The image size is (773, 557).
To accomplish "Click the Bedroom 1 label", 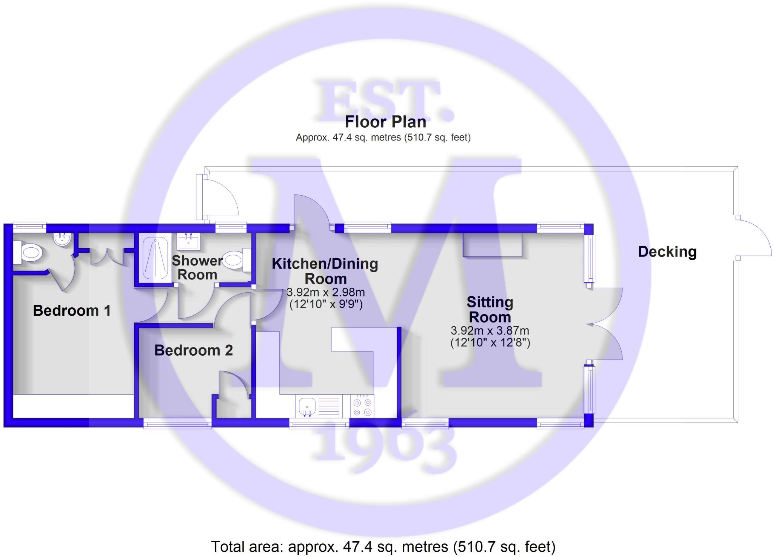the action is (x=72, y=310).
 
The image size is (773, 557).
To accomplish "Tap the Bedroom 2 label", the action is (x=193, y=350).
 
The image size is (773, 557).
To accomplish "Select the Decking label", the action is (x=667, y=252).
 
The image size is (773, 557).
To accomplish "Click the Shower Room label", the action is (x=197, y=267).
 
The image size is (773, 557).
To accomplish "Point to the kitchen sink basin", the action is (x=307, y=407).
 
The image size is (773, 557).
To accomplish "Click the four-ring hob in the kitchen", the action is (x=362, y=407).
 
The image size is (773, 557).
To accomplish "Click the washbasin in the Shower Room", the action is (x=189, y=241).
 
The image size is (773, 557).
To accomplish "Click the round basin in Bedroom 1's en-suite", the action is (x=62, y=239).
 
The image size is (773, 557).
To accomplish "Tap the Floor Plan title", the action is (x=385, y=122).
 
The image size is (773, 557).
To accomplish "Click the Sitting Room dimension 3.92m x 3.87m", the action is (x=490, y=331).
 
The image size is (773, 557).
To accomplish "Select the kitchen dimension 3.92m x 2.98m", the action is (x=325, y=292).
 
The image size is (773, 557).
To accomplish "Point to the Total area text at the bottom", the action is (x=383, y=546).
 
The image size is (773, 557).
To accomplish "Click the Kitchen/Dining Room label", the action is (x=325, y=271).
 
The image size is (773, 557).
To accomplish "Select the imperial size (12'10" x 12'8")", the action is (x=490, y=343).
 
